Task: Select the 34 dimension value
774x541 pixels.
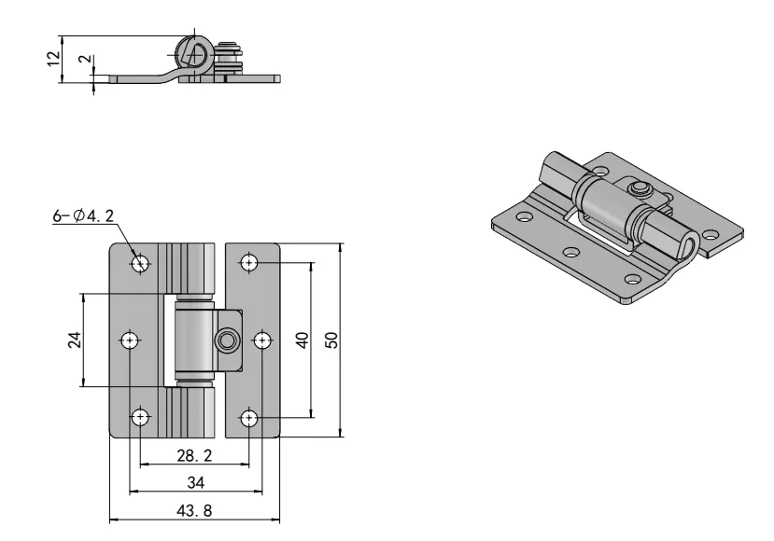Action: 196,482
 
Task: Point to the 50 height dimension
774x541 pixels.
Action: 331,340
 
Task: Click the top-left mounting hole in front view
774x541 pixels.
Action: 141,264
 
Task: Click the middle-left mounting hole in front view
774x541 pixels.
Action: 130,340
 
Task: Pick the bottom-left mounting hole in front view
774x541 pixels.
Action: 141,416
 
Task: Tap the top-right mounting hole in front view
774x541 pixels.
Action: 249,263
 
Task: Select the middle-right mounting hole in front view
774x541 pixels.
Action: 262,340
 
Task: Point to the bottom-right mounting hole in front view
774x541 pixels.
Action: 249,417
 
